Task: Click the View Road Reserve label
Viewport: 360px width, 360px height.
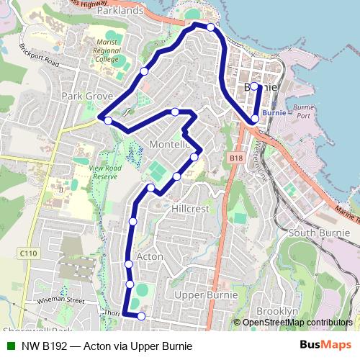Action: (x=104, y=172)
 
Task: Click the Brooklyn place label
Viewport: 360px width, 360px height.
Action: (x=277, y=310)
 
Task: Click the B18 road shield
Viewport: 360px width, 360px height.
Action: (x=235, y=157)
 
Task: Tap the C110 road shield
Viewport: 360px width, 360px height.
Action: (x=28, y=253)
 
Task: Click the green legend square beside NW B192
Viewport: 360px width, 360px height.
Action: (x=10, y=346)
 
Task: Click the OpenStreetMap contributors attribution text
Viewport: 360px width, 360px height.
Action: (x=297, y=322)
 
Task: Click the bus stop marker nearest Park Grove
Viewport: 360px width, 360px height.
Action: (x=107, y=121)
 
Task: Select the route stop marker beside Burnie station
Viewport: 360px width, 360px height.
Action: (x=255, y=118)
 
